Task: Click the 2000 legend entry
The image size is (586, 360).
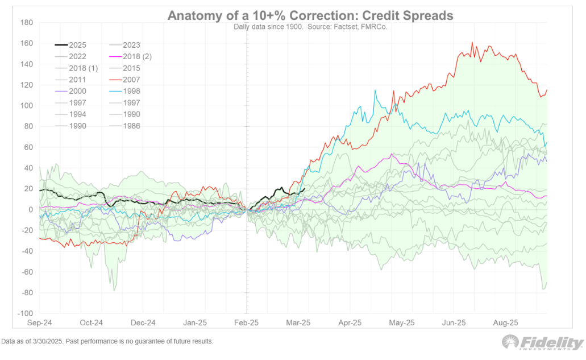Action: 77,91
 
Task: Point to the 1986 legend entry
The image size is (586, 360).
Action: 131,126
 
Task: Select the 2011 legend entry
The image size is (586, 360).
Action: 77,80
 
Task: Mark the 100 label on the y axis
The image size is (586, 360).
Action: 27,106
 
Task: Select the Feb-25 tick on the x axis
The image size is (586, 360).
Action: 247,322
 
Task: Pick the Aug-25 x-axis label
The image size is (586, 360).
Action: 505,322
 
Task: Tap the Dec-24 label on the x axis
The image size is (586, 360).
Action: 143,322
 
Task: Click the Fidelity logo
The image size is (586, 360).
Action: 543,344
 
